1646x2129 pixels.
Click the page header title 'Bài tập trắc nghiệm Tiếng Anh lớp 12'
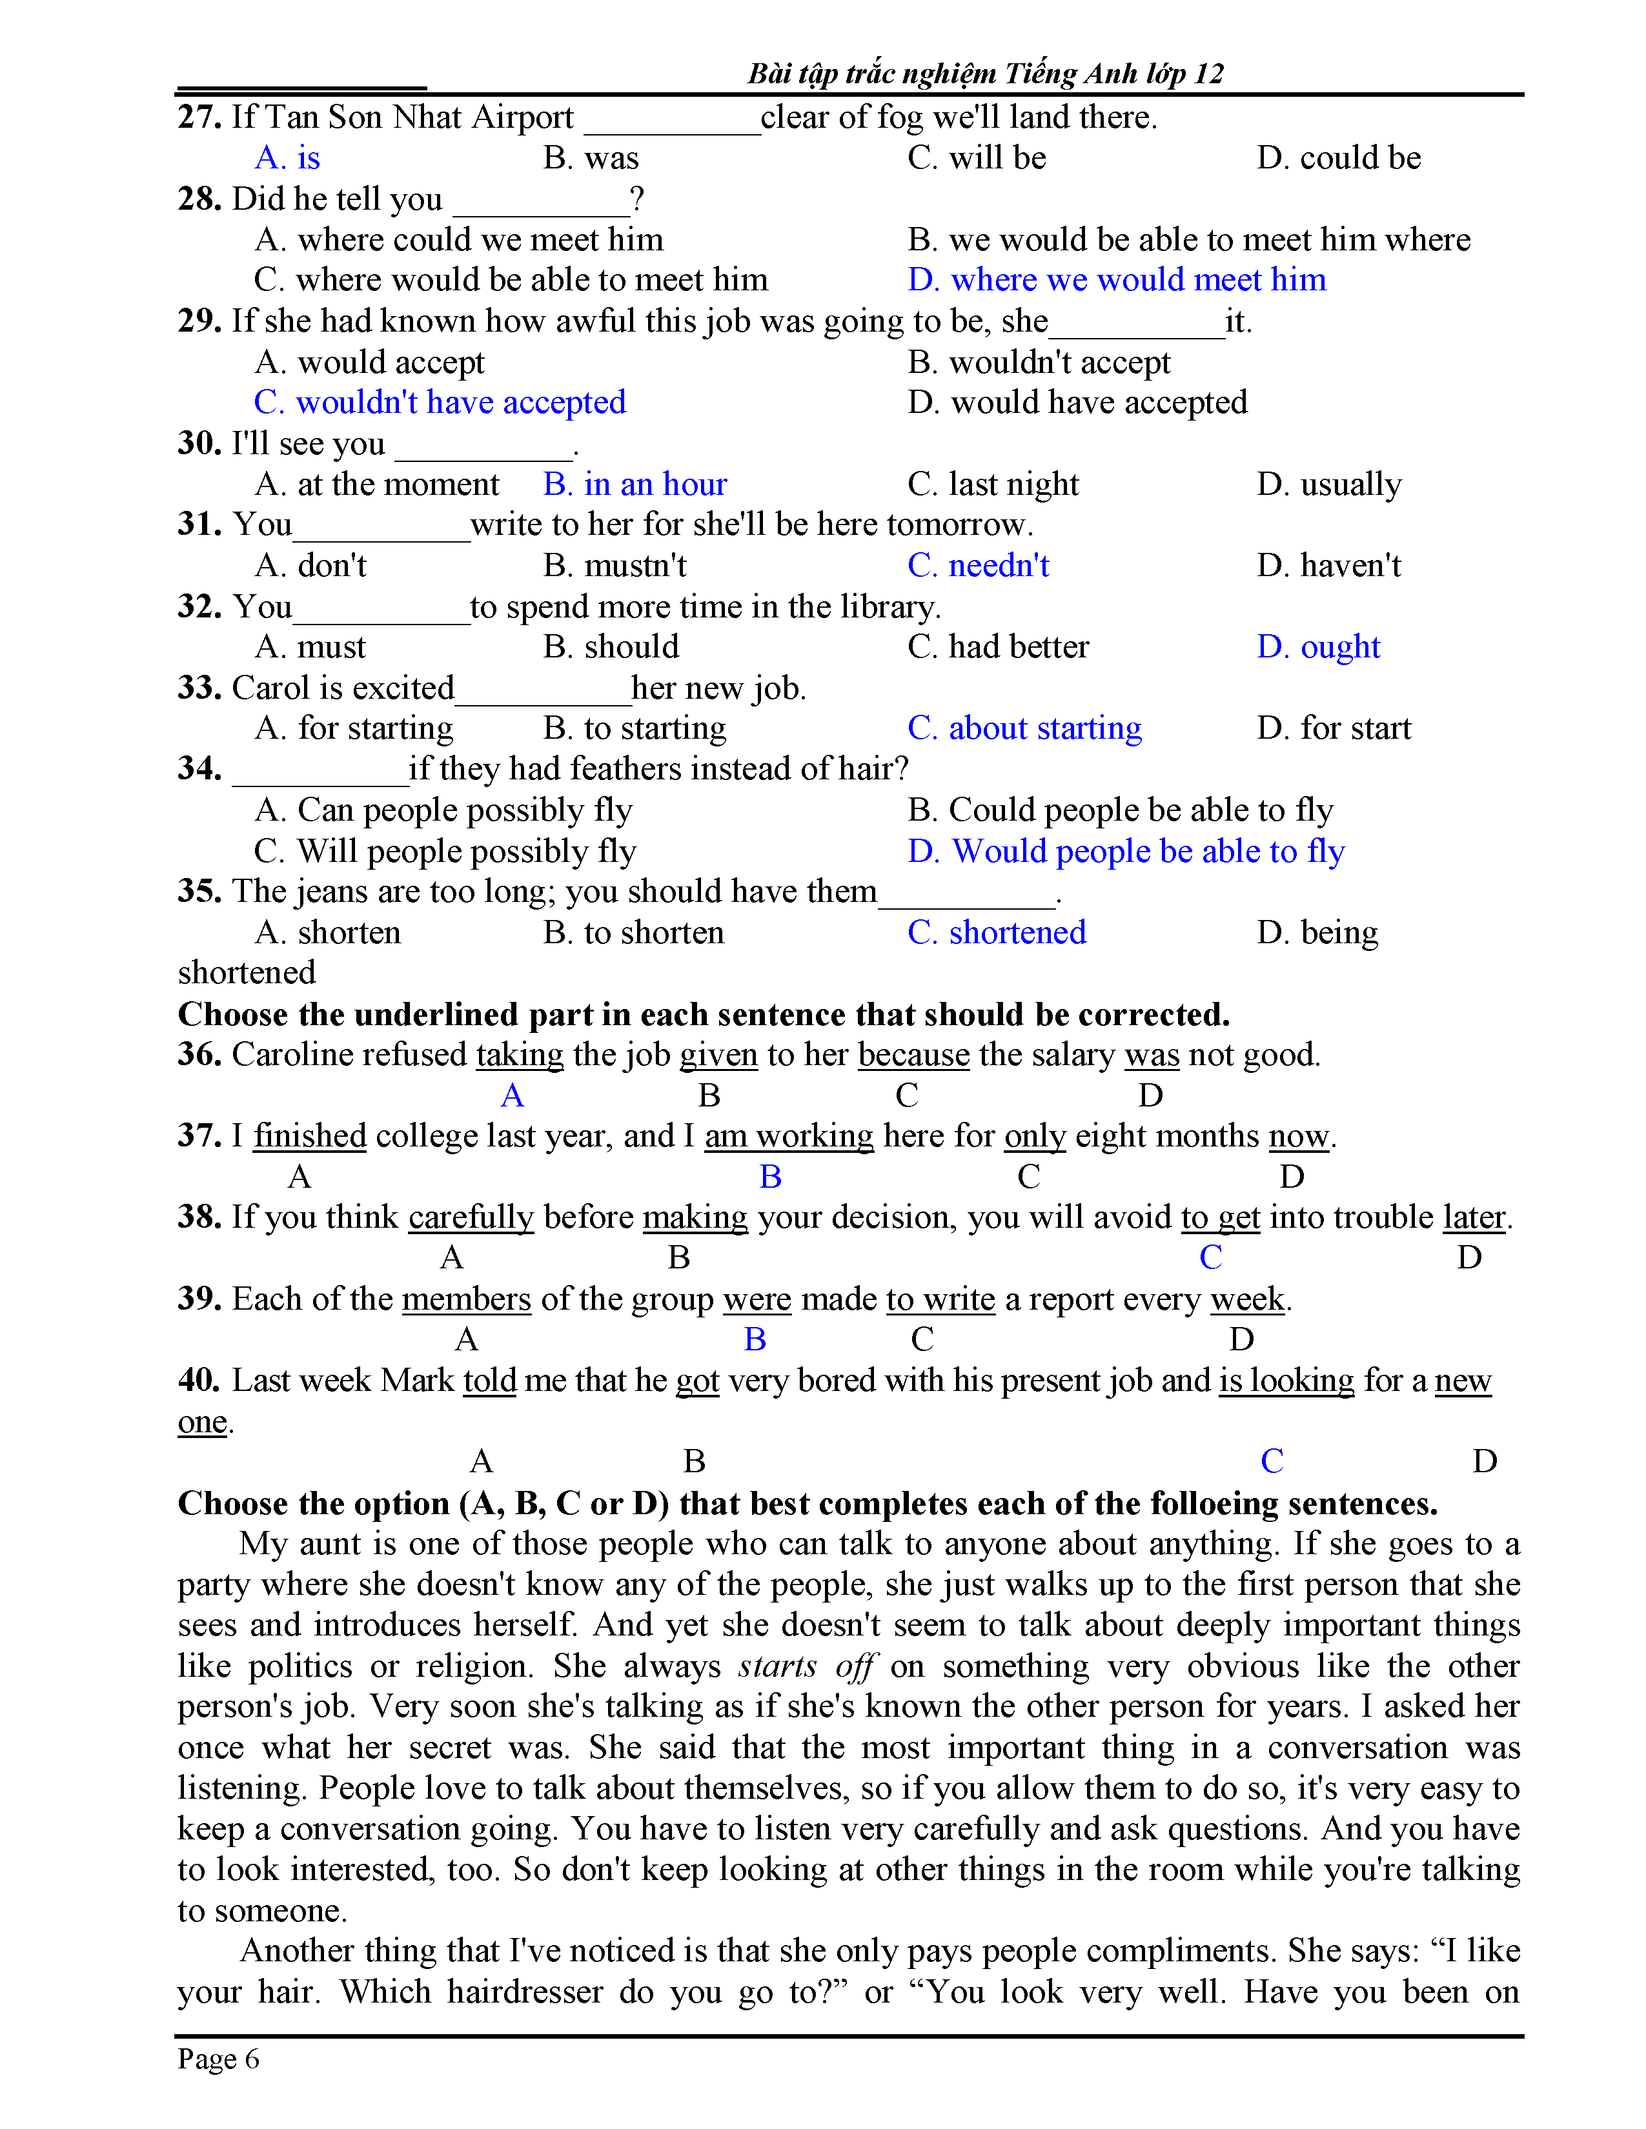pos(985,73)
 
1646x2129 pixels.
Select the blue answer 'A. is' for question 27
pos(288,158)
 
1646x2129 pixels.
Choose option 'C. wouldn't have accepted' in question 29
pos(440,403)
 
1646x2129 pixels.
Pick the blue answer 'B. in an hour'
pos(635,485)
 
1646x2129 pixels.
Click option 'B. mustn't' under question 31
pos(615,565)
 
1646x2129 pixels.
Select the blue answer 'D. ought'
pos(1318,647)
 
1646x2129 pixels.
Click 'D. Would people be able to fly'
pos(1126,851)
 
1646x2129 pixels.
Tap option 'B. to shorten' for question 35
pos(634,933)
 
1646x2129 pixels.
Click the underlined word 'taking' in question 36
pos(520,1055)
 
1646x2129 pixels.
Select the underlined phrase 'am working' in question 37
pos(789,1135)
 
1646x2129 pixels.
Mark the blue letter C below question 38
pos(1210,1257)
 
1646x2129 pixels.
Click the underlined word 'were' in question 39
pos(757,1299)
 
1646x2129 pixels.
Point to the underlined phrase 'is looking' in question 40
pos(1286,1381)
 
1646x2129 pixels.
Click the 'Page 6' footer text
pos(218,2059)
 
